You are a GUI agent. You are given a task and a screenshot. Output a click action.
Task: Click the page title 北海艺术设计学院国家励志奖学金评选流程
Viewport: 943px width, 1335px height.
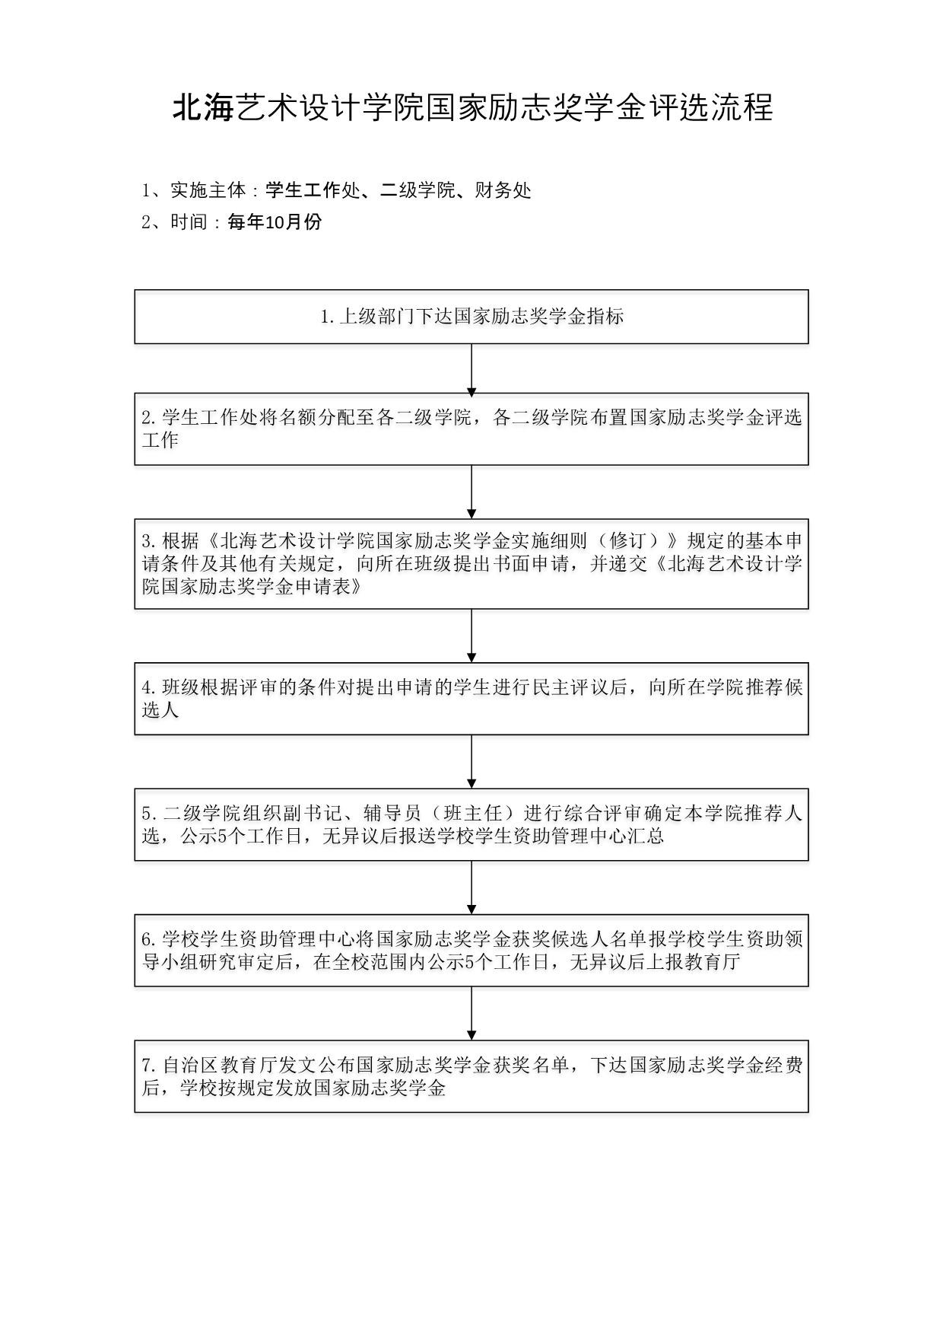(x=471, y=108)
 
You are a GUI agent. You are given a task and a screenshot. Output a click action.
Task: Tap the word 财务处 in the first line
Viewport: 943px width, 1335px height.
(x=503, y=190)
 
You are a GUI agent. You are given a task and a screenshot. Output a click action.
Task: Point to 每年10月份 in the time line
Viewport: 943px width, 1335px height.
(x=275, y=222)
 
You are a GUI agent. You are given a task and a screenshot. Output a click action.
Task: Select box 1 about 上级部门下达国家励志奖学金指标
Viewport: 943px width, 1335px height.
(x=471, y=317)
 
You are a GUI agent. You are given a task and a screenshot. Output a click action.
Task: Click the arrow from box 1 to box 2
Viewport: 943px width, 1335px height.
(x=471, y=369)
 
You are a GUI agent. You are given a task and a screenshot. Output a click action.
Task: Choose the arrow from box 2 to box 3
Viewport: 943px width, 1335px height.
(x=471, y=492)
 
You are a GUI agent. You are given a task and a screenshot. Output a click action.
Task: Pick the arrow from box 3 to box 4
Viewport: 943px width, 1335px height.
(x=471, y=636)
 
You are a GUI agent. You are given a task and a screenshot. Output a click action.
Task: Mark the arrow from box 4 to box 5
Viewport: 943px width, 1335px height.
(x=471, y=762)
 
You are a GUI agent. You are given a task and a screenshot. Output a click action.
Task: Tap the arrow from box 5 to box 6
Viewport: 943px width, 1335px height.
(x=471, y=888)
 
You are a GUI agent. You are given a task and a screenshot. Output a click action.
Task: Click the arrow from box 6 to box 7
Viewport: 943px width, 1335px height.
(x=471, y=1014)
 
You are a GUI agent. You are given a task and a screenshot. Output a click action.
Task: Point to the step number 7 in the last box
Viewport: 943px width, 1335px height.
(x=148, y=1066)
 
